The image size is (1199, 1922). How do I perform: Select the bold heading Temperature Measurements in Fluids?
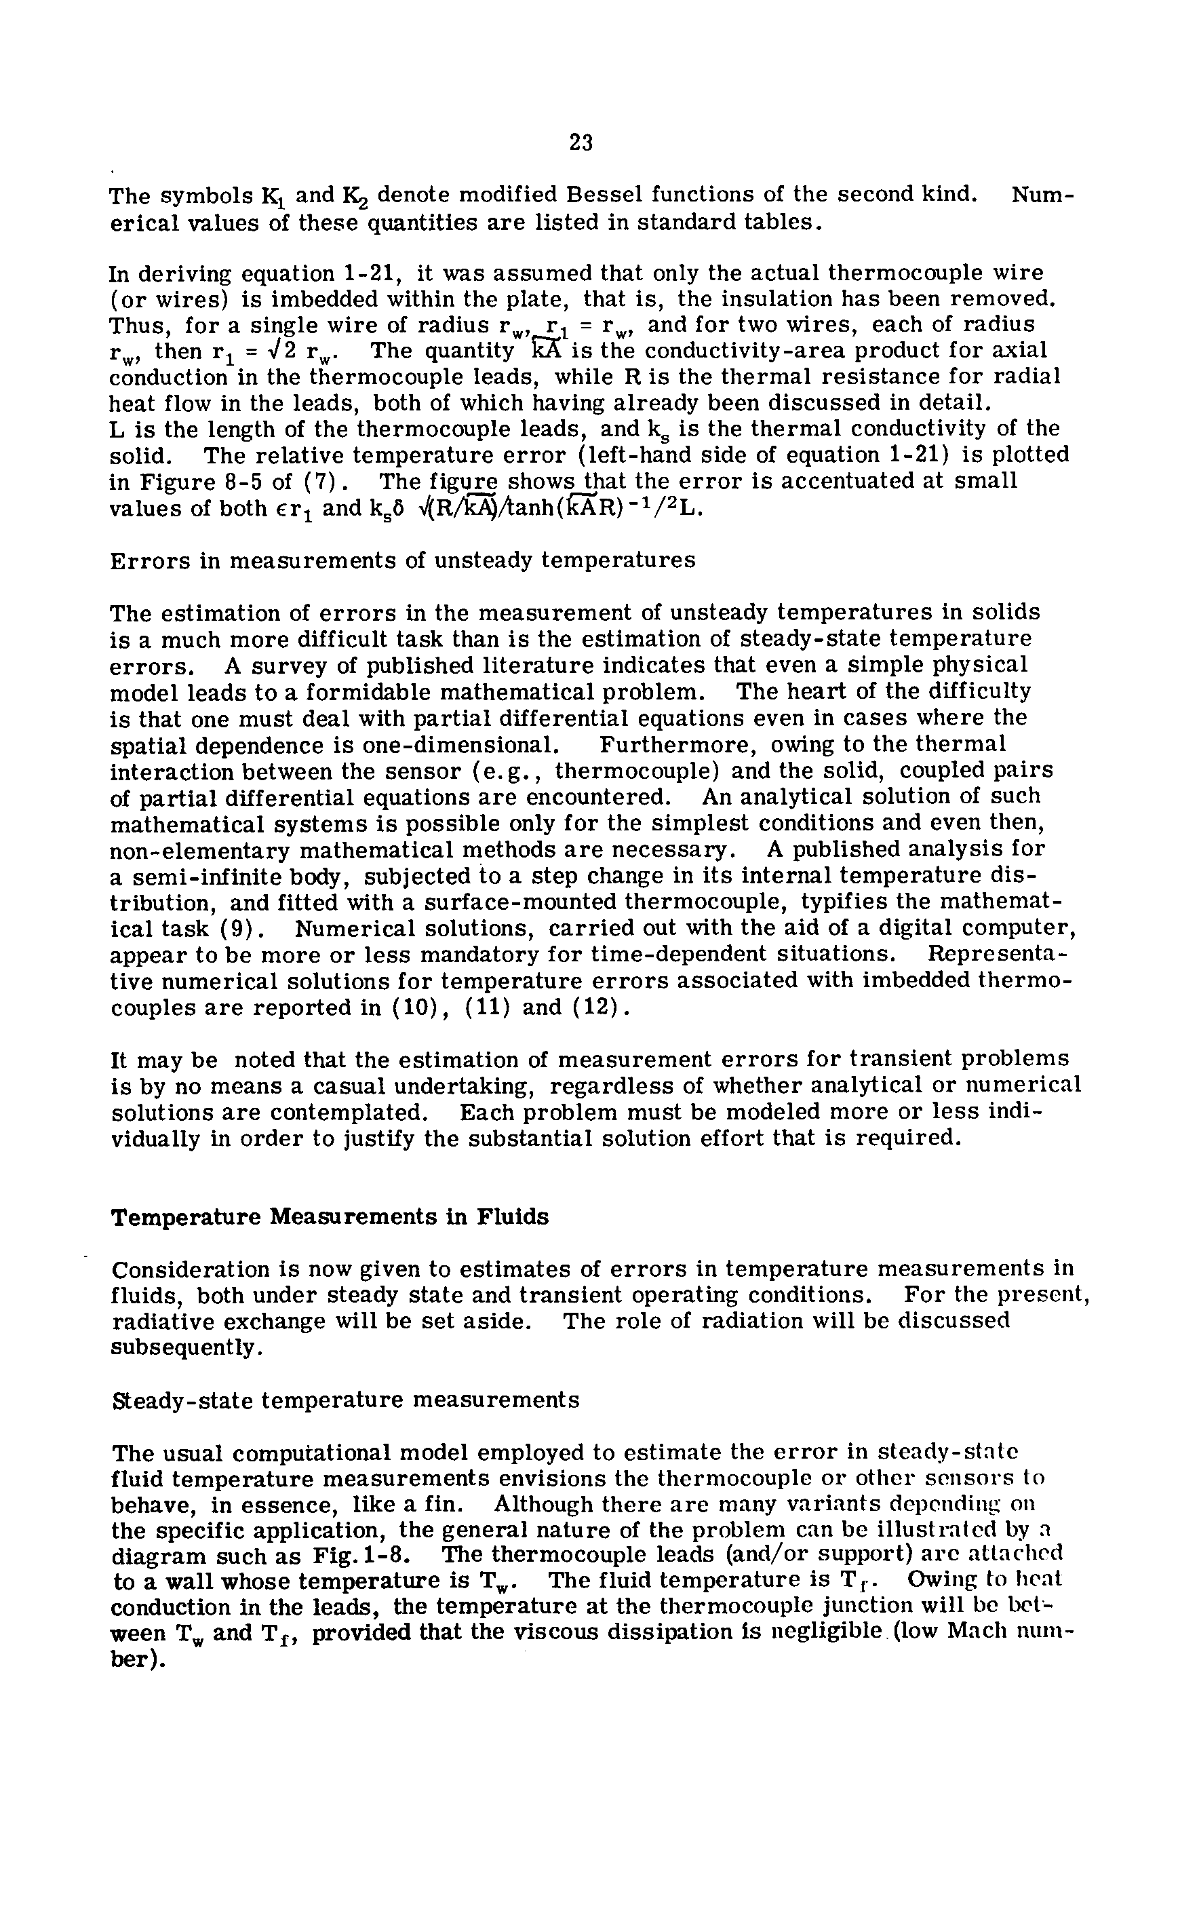coord(329,1217)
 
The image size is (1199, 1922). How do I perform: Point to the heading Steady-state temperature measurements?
coord(346,1400)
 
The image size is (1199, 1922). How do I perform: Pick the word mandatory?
coord(553,955)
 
